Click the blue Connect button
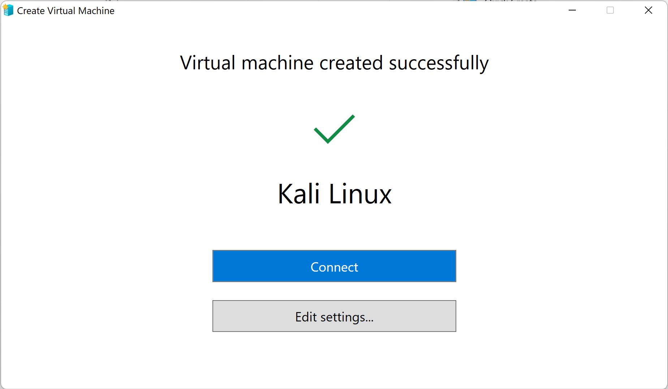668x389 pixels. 334,266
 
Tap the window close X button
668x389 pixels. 648,10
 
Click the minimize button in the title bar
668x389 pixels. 572,10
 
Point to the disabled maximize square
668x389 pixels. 610,10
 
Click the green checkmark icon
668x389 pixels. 334,129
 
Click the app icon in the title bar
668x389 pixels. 8,10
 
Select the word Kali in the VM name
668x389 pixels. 299,194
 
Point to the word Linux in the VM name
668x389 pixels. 360,194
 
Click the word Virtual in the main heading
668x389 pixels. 208,63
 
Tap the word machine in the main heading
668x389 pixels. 277,63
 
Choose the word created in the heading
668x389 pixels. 351,63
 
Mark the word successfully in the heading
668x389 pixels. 439,64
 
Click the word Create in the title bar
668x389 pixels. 31,11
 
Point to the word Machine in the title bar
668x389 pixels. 96,11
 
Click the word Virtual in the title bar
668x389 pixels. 61,11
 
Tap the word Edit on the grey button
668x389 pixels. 306,317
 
